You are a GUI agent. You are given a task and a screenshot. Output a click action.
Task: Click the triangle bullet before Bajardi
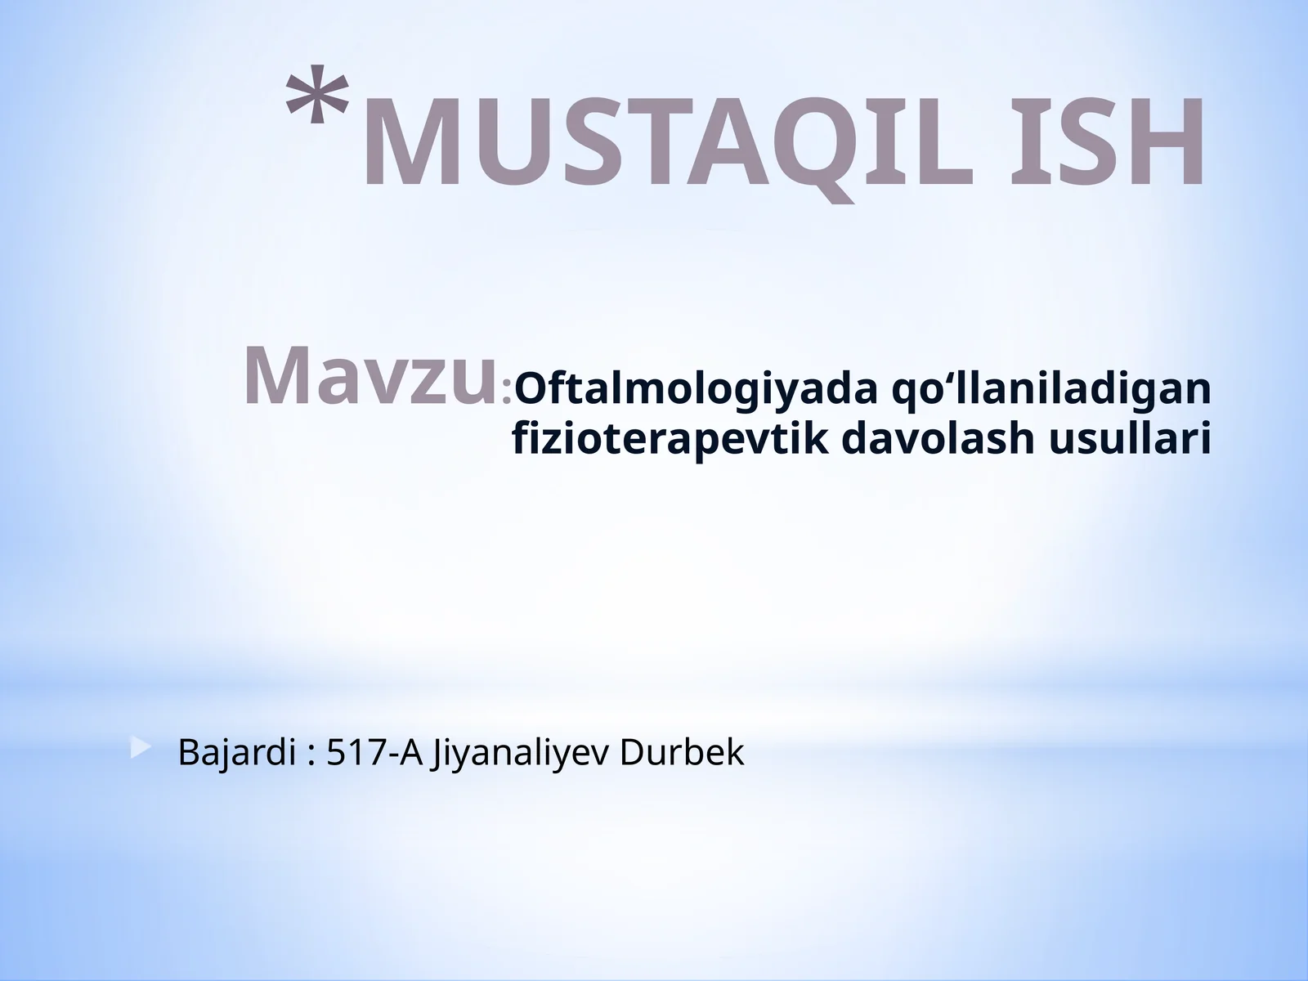[141, 747]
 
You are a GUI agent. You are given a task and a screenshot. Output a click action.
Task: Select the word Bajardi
[236, 753]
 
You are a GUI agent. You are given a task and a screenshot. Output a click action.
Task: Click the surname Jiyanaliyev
[521, 753]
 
